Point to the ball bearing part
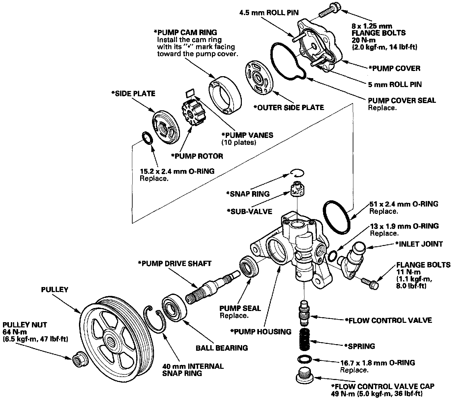(174, 308)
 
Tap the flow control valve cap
(305, 375)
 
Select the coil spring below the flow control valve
(305, 340)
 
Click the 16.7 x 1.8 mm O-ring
(305, 359)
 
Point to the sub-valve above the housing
(298, 189)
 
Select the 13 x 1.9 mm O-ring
(332, 256)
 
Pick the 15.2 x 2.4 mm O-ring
(147, 138)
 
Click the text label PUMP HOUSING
(261, 332)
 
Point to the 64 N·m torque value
(15, 332)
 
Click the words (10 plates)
(239, 142)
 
